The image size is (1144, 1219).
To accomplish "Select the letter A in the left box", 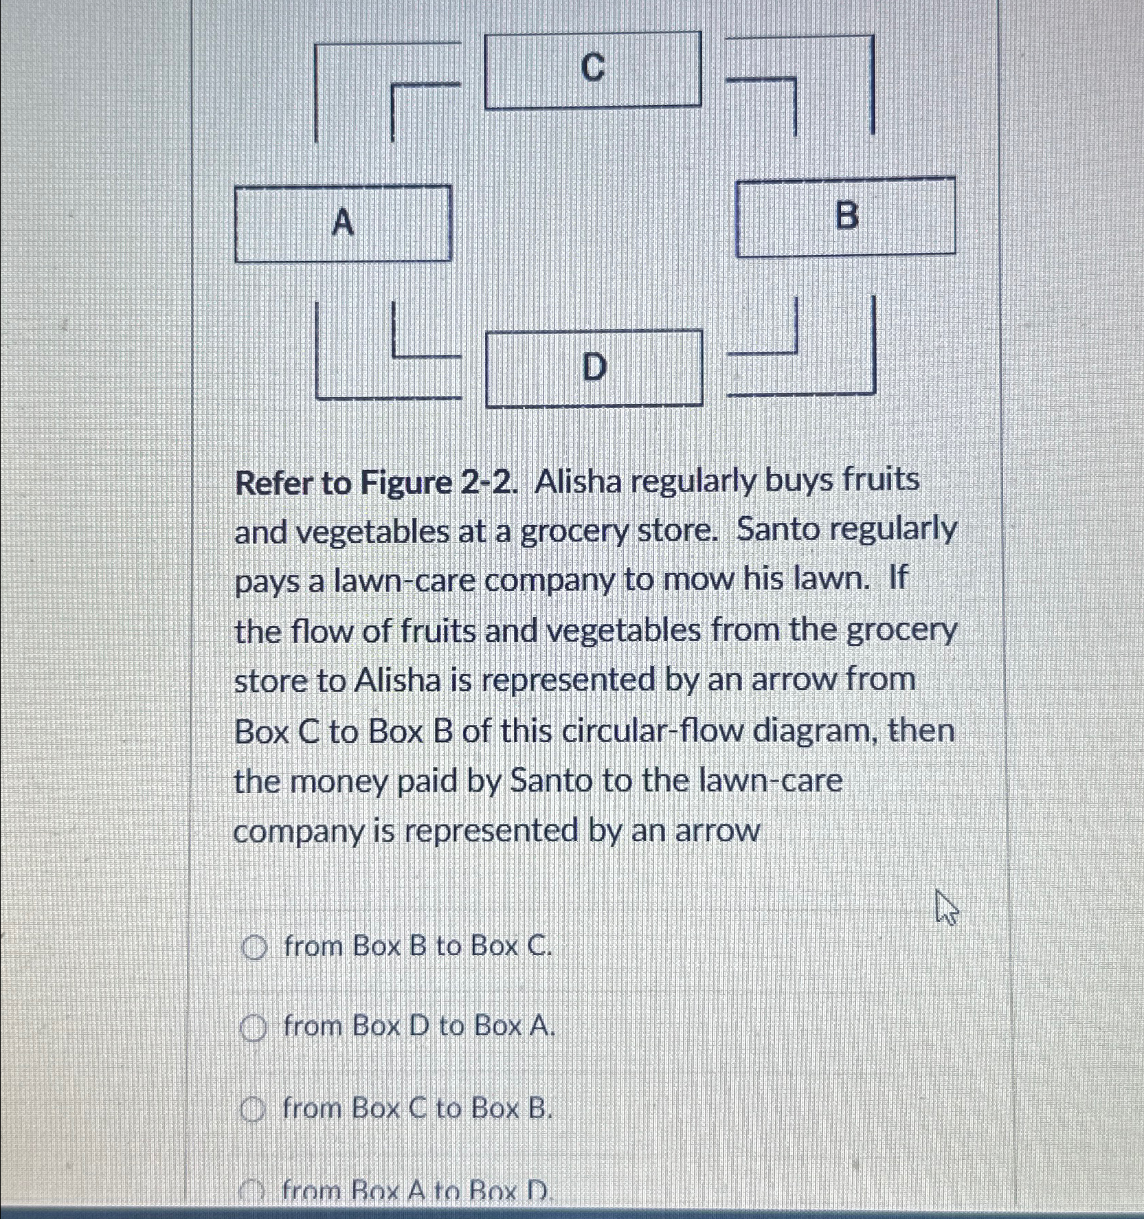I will (343, 223).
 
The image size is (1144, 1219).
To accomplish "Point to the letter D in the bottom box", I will (594, 368).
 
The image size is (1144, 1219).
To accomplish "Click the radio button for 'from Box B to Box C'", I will (254, 948).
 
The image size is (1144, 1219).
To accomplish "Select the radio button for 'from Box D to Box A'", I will (254, 1029).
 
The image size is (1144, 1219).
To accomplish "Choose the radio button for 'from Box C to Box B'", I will (254, 1110).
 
